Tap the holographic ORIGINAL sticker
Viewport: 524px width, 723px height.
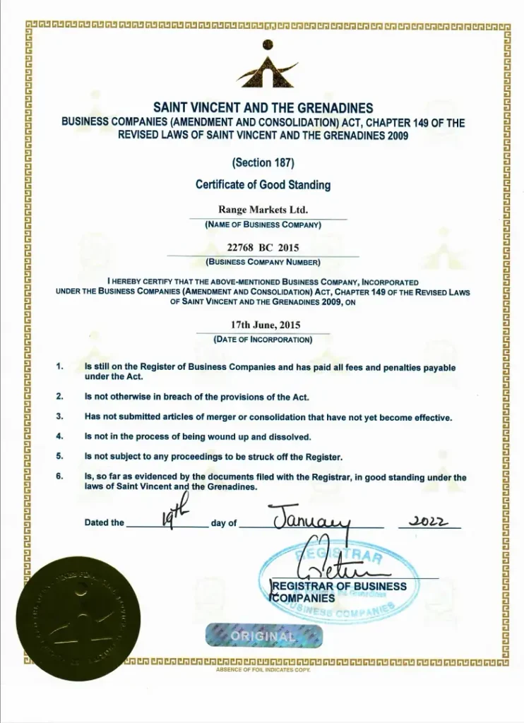point(263,636)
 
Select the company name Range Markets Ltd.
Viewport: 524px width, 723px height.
point(263,210)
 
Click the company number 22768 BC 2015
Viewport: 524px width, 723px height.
point(263,248)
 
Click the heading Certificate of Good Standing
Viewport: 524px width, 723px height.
point(263,185)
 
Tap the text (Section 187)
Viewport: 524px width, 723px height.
point(263,162)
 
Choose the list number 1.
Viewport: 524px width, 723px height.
point(60,367)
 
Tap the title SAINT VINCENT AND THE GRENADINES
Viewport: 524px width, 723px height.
point(263,108)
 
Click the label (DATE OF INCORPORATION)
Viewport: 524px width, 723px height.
point(263,340)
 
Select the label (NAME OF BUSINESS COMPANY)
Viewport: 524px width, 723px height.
point(263,225)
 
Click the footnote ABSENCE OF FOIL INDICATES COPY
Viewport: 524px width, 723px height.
point(263,669)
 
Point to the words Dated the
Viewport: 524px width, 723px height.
point(104,523)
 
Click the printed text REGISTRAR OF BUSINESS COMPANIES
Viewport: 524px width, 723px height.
point(339,592)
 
